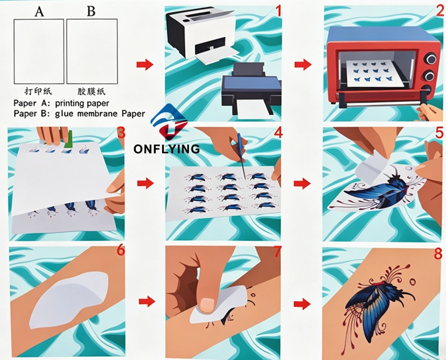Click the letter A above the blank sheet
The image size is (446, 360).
(x=39, y=11)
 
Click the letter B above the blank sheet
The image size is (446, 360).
(x=91, y=11)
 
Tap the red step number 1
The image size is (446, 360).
(x=278, y=11)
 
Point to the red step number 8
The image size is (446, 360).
(x=438, y=254)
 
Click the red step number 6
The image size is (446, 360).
(x=121, y=250)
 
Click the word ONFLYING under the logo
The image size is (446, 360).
(x=167, y=149)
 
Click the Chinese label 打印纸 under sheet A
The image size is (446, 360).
(x=38, y=91)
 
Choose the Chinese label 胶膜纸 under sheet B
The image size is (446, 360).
(x=91, y=91)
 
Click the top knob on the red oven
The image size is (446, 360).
(x=430, y=59)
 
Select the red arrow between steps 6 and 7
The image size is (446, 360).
(x=147, y=301)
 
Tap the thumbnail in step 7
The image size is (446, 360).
(x=207, y=304)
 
